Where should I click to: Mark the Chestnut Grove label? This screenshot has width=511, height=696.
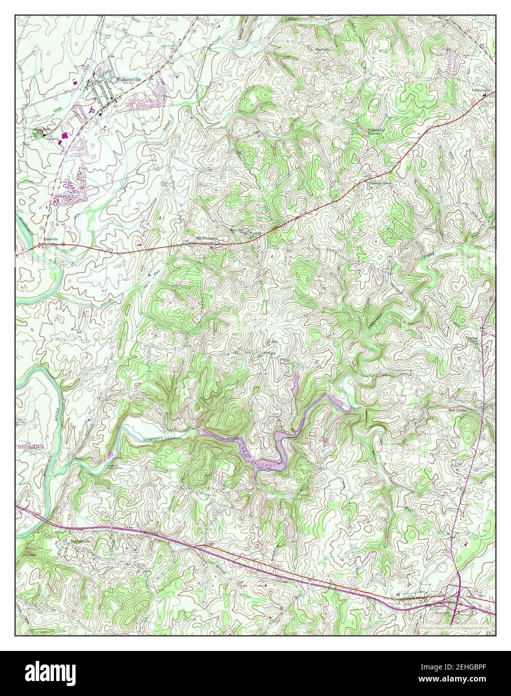click(380, 183)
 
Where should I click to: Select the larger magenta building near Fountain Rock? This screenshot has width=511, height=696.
click(64, 136)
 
